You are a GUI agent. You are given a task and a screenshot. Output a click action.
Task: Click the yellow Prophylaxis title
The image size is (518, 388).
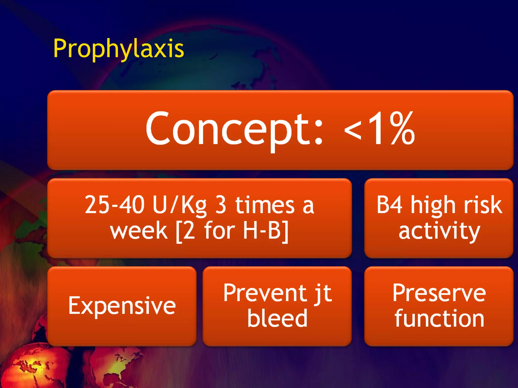[x=118, y=48]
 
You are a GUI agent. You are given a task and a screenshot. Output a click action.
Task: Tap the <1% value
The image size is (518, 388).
[x=379, y=129]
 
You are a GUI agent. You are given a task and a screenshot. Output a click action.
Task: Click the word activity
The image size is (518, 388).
[x=439, y=231]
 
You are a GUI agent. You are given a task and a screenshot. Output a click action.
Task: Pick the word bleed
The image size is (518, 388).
[x=277, y=318]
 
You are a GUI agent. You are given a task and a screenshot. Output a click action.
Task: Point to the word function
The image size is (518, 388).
[x=439, y=318]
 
